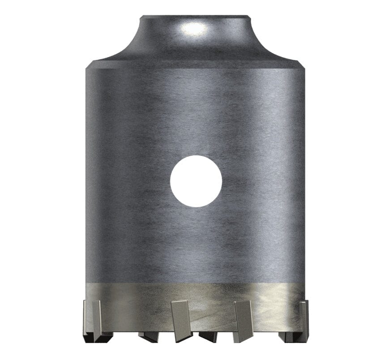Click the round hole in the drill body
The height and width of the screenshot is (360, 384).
(x=196, y=181)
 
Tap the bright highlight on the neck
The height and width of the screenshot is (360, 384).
(x=193, y=29)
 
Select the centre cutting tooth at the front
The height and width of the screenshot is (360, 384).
(x=181, y=318)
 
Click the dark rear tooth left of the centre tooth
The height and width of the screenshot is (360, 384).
(x=148, y=335)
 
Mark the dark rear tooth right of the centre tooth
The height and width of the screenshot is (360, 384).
(x=208, y=335)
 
